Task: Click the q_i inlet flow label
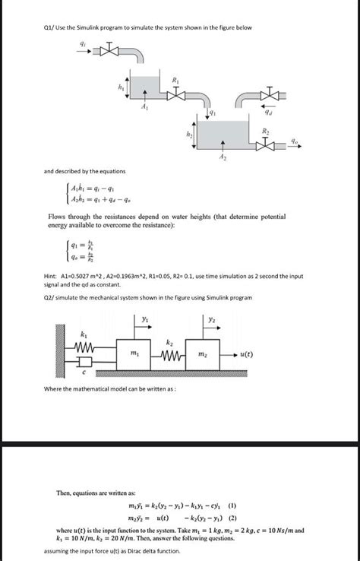(x=94, y=44)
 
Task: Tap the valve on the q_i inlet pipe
(x=112, y=52)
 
